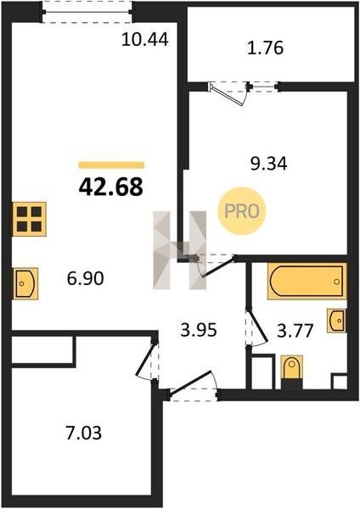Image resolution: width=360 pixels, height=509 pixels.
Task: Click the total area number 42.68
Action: point(110,187)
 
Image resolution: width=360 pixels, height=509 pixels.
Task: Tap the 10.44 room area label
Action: point(145,40)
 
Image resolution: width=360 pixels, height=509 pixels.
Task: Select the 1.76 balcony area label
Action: point(265,48)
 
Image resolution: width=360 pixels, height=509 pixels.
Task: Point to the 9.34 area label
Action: point(268,164)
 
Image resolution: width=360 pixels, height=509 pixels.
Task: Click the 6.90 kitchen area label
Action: point(86,278)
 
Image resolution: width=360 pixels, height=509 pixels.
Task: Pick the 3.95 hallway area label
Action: point(199,330)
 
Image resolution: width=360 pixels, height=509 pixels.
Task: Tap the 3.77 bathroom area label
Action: point(295,331)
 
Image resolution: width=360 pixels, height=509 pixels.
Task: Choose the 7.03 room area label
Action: point(84,433)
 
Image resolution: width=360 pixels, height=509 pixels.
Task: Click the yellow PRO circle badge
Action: point(242,211)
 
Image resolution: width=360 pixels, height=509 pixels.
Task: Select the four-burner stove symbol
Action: point(29,219)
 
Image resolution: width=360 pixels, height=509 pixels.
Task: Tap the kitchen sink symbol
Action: point(25,283)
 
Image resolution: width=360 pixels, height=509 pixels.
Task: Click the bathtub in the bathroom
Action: point(307,281)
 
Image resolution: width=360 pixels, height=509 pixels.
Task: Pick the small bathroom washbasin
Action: point(336,321)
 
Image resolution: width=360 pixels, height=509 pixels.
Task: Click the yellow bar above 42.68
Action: point(111,165)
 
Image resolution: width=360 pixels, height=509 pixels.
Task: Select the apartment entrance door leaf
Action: point(191,383)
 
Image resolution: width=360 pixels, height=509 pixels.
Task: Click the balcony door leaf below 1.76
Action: point(228,95)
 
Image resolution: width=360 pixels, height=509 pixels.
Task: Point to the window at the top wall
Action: point(87,12)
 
